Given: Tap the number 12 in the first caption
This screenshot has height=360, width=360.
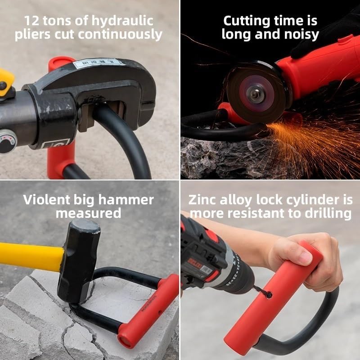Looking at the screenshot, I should [x=32, y=21].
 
